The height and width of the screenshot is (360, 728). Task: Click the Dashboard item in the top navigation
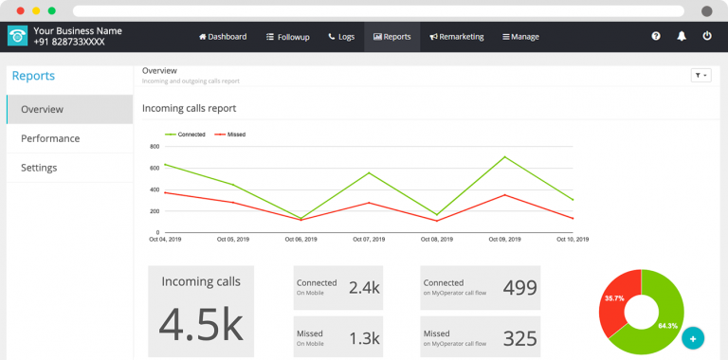tap(223, 37)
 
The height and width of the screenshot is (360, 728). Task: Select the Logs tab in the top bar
tap(341, 37)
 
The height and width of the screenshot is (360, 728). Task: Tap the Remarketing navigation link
tap(457, 37)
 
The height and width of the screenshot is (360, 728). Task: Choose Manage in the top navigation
tap(520, 37)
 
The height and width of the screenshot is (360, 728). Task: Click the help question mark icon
tap(656, 36)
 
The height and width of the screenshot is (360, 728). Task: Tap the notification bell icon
tap(682, 36)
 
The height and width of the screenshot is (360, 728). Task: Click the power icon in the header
tap(707, 36)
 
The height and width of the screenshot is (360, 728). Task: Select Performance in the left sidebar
tap(50, 138)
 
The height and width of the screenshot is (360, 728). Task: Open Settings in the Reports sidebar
tap(39, 168)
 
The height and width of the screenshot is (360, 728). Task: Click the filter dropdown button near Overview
tap(701, 75)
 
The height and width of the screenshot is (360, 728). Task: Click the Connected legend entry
tap(186, 135)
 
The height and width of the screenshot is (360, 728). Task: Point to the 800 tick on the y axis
tap(155, 147)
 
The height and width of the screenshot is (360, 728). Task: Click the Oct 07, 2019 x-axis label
tap(368, 240)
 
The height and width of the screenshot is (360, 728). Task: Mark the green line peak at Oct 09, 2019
tap(504, 157)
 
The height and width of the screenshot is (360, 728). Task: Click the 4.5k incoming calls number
tap(200, 323)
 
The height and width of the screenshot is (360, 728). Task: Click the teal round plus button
tap(693, 337)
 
